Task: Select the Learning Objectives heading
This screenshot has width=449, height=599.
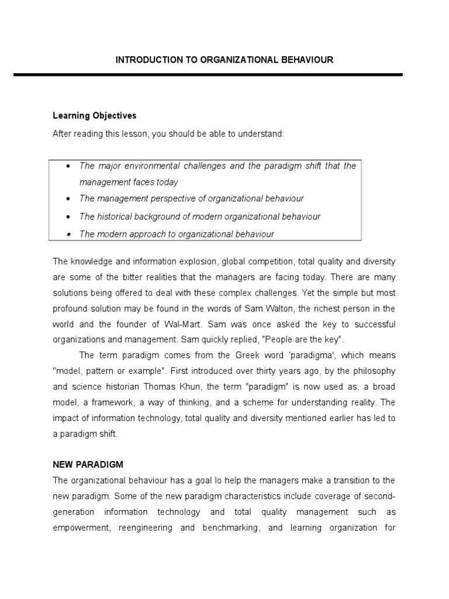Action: pos(94,116)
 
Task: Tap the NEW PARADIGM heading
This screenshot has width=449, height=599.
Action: pos(88,464)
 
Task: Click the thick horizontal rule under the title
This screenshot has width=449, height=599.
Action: pos(208,75)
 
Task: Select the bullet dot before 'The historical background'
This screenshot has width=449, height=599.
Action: pos(68,217)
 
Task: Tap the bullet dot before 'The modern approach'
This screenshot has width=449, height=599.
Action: pos(68,235)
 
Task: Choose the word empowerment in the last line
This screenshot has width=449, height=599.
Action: pos(80,528)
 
